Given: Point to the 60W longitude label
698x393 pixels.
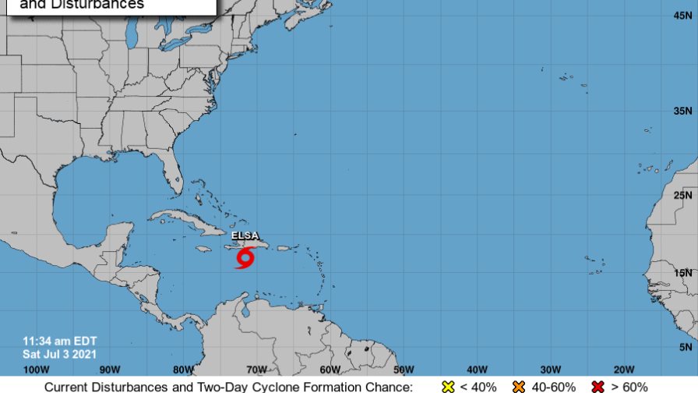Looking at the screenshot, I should click(x=330, y=369).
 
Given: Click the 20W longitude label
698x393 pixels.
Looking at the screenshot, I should click(x=624, y=369).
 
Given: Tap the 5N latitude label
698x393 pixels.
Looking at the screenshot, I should click(x=686, y=346).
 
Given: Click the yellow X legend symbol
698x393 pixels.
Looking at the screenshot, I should click(x=447, y=386).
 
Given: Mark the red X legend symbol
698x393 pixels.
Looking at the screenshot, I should click(x=599, y=386).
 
